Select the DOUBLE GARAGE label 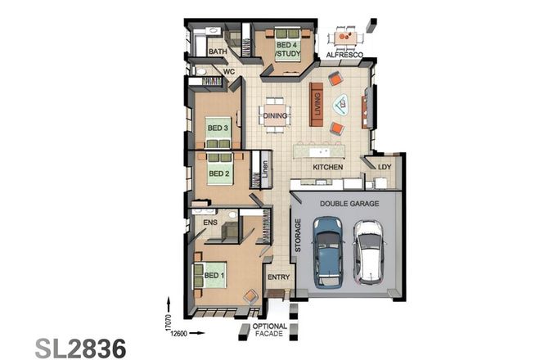tap(349, 203)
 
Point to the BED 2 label tap(218, 173)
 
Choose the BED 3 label tap(217, 128)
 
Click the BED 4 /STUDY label tap(286, 50)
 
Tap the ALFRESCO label tap(344, 55)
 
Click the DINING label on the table tap(275, 116)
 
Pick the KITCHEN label tap(326, 168)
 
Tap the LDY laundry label tap(384, 168)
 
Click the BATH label tap(218, 52)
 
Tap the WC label tap(229, 71)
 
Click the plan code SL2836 tap(80, 346)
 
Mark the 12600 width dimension tap(180, 332)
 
